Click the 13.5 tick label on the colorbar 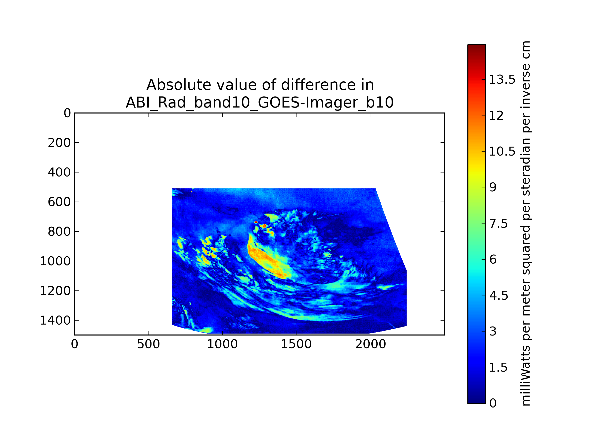coord(502,80)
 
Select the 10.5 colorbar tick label coord(502,152)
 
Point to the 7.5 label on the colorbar coord(498,224)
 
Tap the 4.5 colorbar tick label coord(498,295)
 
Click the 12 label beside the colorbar coord(496,115)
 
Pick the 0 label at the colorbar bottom coord(493,403)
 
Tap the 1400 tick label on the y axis coord(55,320)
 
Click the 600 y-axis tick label coord(59,202)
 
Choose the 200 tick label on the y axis coord(59,143)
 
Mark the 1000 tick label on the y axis coord(55,261)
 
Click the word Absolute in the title coord(178,85)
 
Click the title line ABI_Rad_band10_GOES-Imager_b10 coord(260,103)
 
